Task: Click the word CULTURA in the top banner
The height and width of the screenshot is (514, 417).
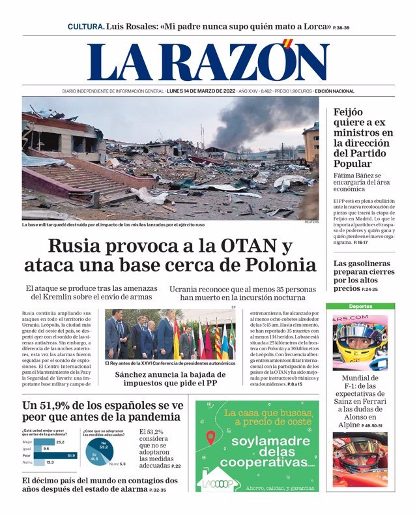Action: [85, 27]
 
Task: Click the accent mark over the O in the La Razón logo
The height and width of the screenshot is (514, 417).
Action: [287, 44]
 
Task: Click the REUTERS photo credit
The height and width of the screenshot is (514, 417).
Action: [311, 222]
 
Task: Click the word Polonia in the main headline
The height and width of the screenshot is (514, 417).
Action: [279, 265]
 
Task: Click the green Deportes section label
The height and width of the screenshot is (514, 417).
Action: [360, 306]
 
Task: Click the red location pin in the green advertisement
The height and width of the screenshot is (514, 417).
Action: [210, 438]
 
